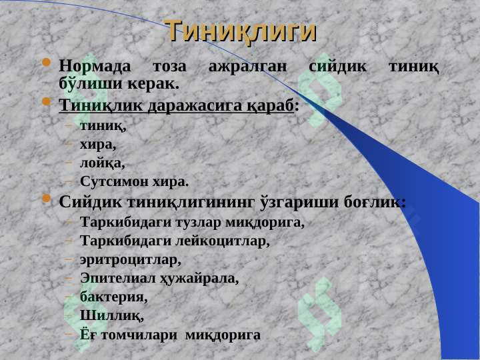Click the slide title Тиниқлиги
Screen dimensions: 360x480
(240, 31)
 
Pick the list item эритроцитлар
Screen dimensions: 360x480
(129, 259)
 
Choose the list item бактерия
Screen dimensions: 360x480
(113, 297)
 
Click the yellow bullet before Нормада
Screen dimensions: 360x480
(45, 64)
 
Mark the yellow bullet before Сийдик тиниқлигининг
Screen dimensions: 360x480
(45, 199)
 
